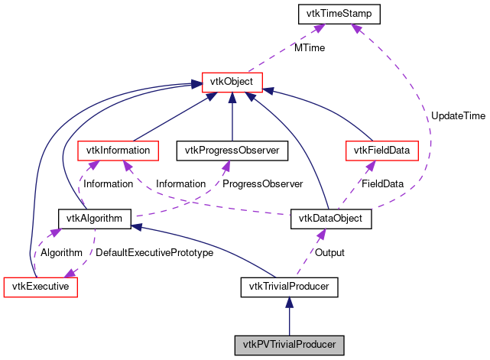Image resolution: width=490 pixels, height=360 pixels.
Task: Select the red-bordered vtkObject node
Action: click(x=232, y=81)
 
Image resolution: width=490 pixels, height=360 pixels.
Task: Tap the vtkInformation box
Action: click(x=118, y=150)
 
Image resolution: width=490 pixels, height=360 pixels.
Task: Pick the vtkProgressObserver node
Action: click(x=232, y=150)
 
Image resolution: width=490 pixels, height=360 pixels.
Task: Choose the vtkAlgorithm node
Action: click(x=95, y=219)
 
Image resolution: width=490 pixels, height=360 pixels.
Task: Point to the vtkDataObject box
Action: click(x=331, y=219)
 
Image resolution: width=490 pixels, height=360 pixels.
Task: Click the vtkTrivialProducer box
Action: click(x=289, y=287)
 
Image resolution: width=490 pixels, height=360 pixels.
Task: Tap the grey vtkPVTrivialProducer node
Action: click(x=289, y=344)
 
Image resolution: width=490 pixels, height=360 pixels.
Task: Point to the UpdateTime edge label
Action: click(x=457, y=115)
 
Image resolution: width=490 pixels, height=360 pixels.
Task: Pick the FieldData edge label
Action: click(x=382, y=184)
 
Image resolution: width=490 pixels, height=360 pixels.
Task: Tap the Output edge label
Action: click(x=330, y=253)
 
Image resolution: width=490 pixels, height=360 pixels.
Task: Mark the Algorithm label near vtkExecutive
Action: click(x=61, y=253)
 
